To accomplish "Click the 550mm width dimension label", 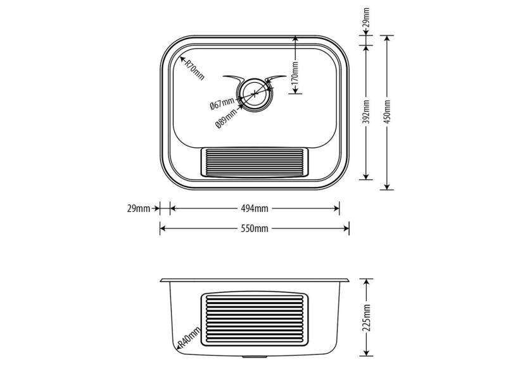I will point(254,229).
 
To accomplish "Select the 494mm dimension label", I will point(254,208).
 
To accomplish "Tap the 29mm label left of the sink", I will point(138,208).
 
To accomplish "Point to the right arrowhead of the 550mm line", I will point(346,229).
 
